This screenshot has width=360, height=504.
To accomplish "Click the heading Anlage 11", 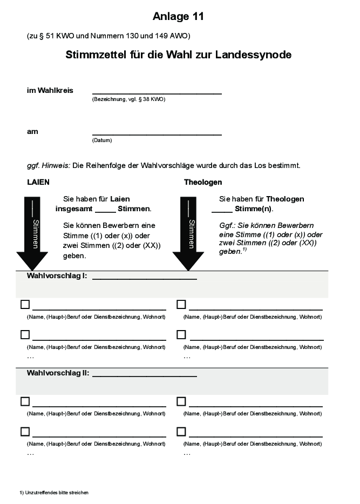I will point(178,17).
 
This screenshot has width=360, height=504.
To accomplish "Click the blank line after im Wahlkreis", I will point(157,93).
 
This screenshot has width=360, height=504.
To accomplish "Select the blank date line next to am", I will point(157,134).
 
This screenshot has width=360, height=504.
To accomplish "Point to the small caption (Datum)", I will point(102,140).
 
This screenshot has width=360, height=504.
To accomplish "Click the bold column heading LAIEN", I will point(38,182).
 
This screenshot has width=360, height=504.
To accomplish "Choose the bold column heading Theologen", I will point(203,182).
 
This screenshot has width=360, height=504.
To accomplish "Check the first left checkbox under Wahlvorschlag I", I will point(25,305).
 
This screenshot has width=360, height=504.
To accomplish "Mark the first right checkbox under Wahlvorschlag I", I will point(181,305).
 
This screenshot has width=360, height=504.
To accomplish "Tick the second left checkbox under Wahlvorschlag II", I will point(25,432).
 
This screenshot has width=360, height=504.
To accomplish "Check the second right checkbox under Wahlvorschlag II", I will point(181,432).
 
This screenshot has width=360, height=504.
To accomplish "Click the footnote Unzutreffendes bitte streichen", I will point(54,493).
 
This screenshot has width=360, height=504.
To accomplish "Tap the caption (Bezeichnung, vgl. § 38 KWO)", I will point(129,100).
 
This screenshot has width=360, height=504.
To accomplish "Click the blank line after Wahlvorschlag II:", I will point(145,375).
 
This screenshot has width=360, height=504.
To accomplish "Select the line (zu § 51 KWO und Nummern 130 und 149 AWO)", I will point(108,36).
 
